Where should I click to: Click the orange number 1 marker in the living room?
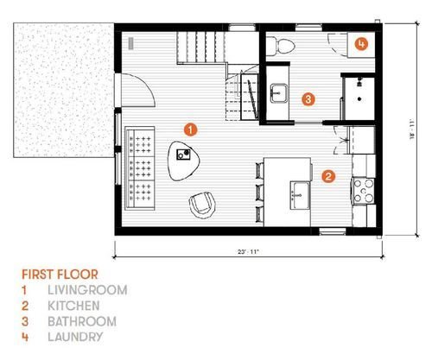pyautogui.click(x=190, y=129)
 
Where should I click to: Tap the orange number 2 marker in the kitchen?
pyautogui.click(x=328, y=176)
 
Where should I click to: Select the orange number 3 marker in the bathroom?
pyautogui.click(x=308, y=99)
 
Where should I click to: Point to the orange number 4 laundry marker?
pyautogui.click(x=361, y=44)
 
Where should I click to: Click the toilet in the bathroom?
pyautogui.click(x=280, y=46)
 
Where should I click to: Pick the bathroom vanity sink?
pyautogui.click(x=278, y=93)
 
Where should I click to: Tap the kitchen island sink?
pyautogui.click(x=300, y=195)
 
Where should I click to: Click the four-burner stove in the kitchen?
pyautogui.click(x=364, y=192)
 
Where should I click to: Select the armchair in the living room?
pyautogui.click(x=202, y=205)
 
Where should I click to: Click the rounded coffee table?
pyautogui.click(x=183, y=161)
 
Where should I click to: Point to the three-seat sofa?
pyautogui.click(x=140, y=167)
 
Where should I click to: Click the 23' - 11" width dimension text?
pyautogui.click(x=248, y=252)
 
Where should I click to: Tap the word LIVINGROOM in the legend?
pyautogui.click(x=87, y=290)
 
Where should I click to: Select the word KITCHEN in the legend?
pyautogui.click(x=73, y=306)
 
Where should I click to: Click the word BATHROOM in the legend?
pyautogui.click(x=82, y=321)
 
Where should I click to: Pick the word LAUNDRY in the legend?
pyautogui.click(x=75, y=337)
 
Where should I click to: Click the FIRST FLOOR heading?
pyautogui.click(x=60, y=275)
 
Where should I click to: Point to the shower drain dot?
pyautogui.click(x=359, y=99)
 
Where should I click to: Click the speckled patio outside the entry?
pyautogui.click(x=64, y=90)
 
